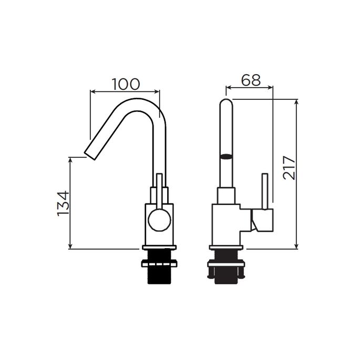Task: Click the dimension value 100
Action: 126,83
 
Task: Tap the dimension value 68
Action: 251,80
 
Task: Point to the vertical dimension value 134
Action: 63,203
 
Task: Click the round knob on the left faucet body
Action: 159,219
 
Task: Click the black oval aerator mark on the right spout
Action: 227,156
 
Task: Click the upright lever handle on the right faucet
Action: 266,191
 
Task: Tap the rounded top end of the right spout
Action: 227,103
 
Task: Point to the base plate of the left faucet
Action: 159,248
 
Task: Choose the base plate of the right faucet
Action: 227,248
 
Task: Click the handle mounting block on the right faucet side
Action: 262,220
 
